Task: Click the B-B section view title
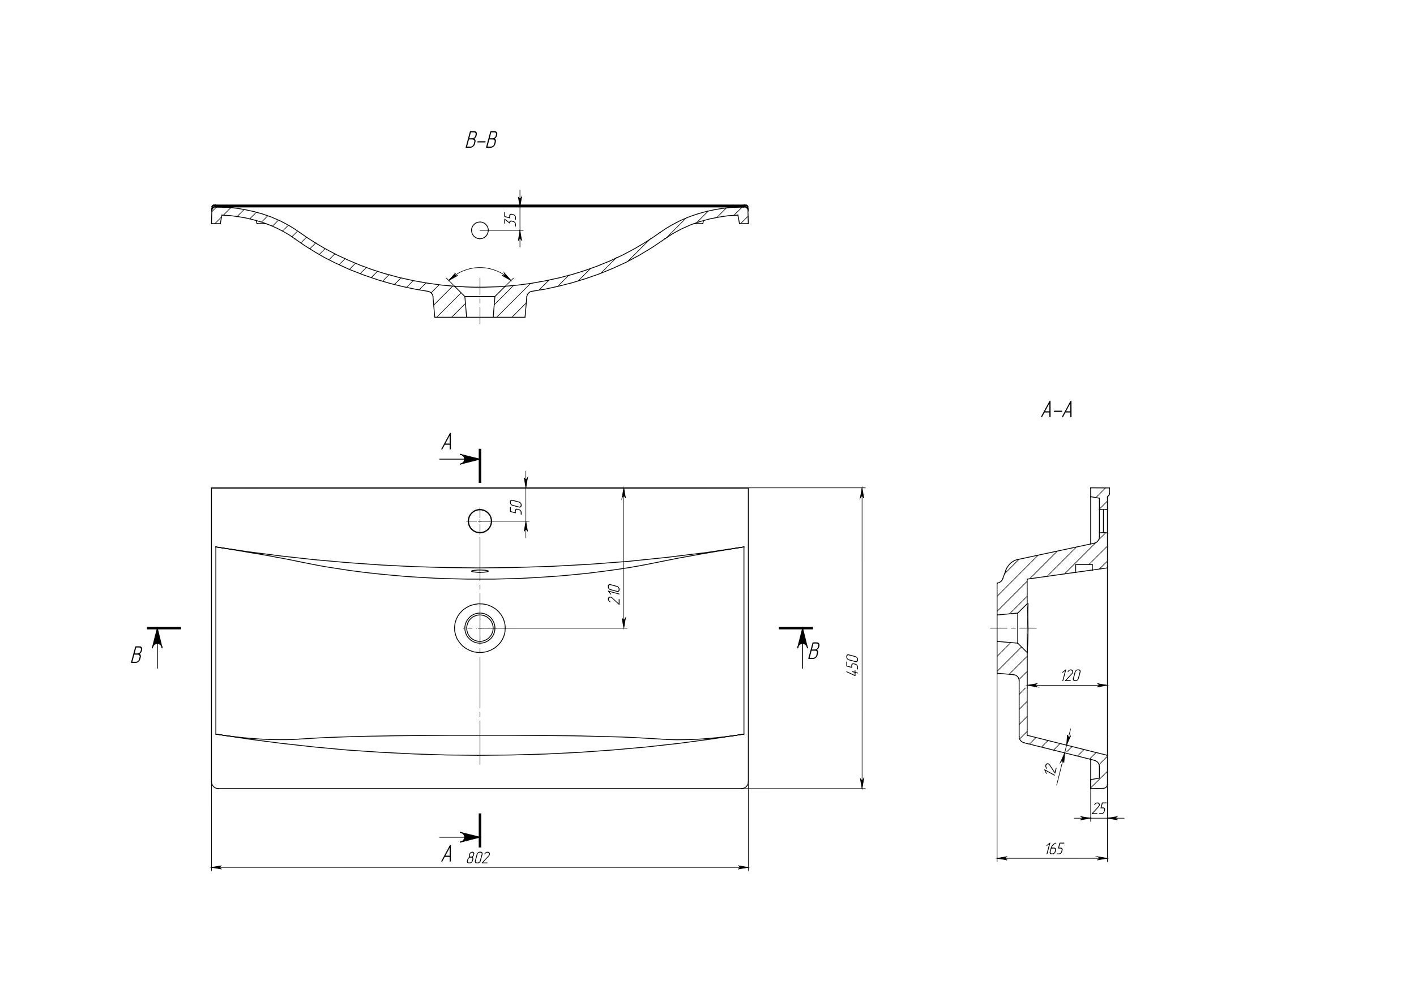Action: pyautogui.click(x=481, y=141)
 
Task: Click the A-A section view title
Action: pyautogui.click(x=1057, y=410)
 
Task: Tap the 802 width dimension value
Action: pyautogui.click(x=478, y=858)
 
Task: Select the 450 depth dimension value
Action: pyautogui.click(x=853, y=665)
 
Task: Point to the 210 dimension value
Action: pyautogui.click(x=614, y=594)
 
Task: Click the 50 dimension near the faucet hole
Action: pyautogui.click(x=516, y=507)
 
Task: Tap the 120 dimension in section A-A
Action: pyautogui.click(x=1070, y=676)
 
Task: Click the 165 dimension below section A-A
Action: pyautogui.click(x=1054, y=849)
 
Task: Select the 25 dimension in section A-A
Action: pyautogui.click(x=1099, y=809)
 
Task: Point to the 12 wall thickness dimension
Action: pyautogui.click(x=1050, y=769)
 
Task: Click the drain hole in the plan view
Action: pyautogui.click(x=480, y=628)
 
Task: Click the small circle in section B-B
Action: pyautogui.click(x=480, y=230)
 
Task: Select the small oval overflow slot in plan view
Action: pyautogui.click(x=480, y=570)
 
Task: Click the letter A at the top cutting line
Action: pyautogui.click(x=447, y=442)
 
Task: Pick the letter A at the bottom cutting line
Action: pyautogui.click(x=447, y=854)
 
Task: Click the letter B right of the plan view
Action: pyautogui.click(x=813, y=652)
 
